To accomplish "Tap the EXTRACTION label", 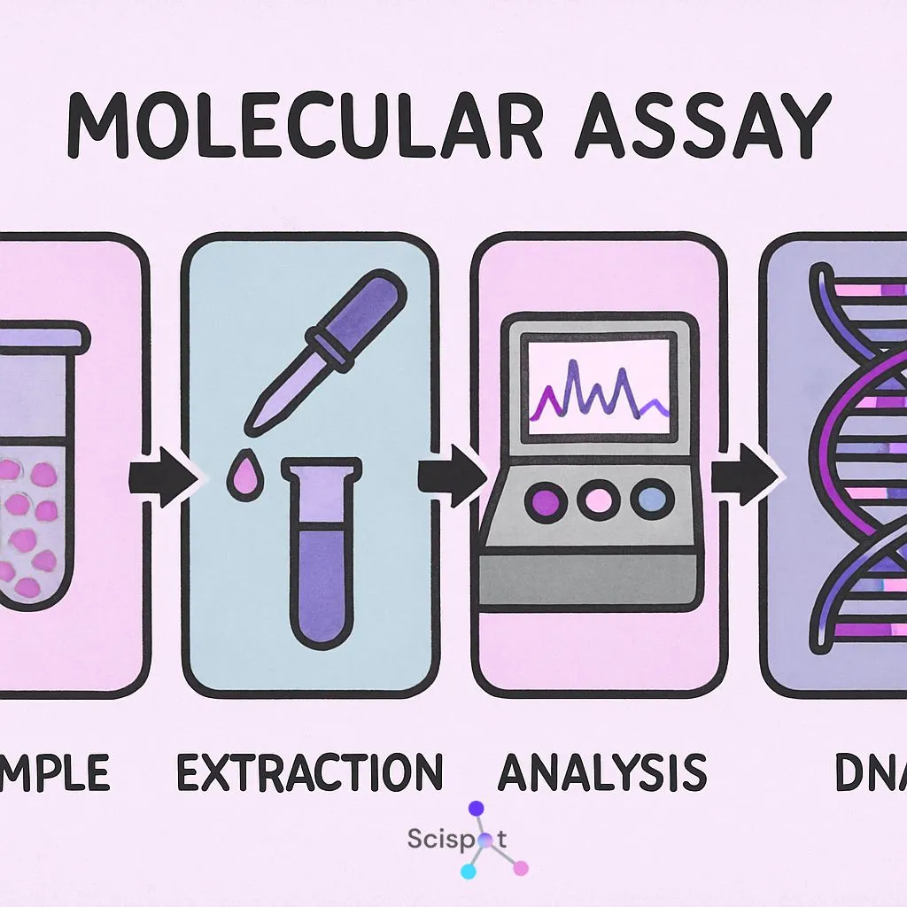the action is click(x=309, y=772).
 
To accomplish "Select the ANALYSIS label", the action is click(x=602, y=772).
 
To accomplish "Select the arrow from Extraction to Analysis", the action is click(x=453, y=478).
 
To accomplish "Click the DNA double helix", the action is click(x=855, y=461).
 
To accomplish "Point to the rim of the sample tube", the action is click(x=44, y=335).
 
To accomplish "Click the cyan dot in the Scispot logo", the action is click(x=469, y=872).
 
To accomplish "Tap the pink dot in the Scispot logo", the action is click(x=521, y=868).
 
